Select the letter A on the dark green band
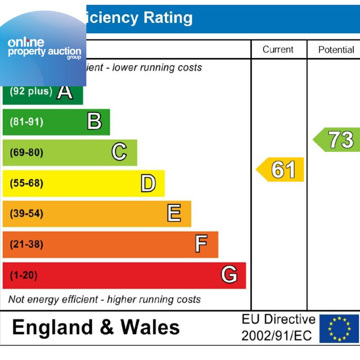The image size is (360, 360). point(65,91)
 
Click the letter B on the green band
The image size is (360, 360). point(94,121)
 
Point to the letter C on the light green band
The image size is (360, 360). point(119,152)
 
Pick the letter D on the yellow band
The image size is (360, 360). point(148,183)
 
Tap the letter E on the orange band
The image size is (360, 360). point(174,213)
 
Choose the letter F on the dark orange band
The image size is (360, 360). point(201,244)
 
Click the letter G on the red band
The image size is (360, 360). point(229,274)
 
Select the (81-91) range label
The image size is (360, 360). point(27,122)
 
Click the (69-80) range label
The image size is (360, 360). point(27,153)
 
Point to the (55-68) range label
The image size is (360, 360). point(27,183)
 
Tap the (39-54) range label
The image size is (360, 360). point(27,214)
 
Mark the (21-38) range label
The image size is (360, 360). point(27,244)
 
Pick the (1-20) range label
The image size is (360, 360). point(24,275)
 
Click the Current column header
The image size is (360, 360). point(278,49)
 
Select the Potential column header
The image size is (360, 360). point(336,49)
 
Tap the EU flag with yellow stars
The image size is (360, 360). point(339,328)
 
